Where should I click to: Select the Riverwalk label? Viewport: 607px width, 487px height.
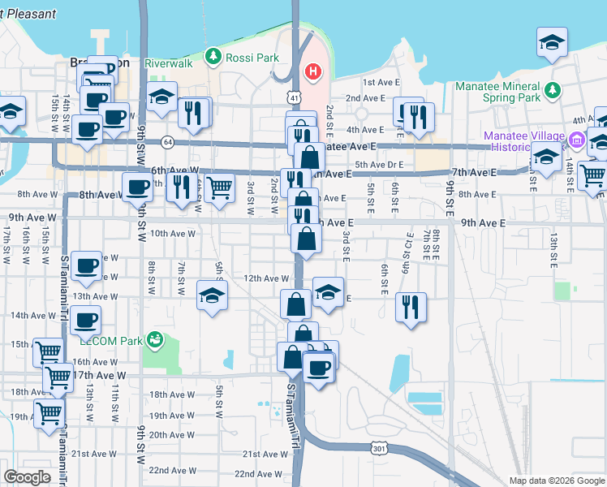(168, 62)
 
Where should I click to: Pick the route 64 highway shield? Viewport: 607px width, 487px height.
(166, 141)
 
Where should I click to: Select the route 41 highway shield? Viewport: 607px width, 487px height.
(290, 97)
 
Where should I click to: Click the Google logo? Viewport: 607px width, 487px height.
(28, 476)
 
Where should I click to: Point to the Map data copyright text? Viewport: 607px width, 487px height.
(556, 481)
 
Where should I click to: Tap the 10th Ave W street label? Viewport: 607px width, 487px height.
(173, 233)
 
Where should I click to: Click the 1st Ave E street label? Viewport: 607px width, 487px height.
(378, 83)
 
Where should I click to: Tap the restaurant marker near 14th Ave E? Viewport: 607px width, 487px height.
(411, 307)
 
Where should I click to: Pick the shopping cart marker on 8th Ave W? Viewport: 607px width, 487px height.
(219, 187)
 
